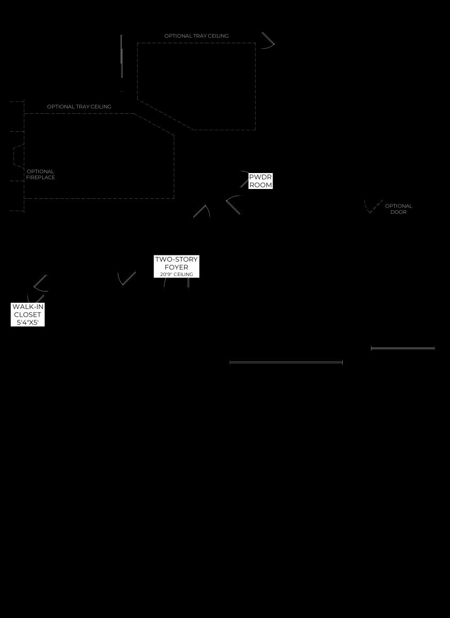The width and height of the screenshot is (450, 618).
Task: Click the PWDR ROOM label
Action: pos(260,181)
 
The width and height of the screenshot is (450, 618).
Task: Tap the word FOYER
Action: pos(176,267)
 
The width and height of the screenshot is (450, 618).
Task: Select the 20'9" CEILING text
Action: pos(176,274)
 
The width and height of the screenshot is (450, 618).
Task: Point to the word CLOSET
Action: pos(28,315)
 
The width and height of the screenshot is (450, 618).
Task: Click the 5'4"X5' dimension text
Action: pos(28,322)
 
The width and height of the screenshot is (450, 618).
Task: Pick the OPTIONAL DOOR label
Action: pos(398,209)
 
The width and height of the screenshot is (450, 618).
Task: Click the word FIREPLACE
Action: pos(41,177)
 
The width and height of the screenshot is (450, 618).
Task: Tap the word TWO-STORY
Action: pos(176,260)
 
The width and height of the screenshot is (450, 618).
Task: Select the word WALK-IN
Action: pos(28,306)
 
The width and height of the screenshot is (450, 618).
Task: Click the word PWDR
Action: pos(260,177)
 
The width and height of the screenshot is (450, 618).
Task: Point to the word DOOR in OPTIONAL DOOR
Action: pos(398,212)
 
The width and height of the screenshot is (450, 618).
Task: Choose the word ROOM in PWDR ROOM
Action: pos(261,185)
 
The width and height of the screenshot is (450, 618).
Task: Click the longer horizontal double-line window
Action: pos(286,362)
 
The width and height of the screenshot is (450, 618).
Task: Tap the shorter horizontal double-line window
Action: pos(403,348)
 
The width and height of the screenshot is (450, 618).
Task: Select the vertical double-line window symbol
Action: pos(122,56)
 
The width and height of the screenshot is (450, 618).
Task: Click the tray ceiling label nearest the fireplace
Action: pos(79,107)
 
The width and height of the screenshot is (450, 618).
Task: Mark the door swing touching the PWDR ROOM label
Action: pos(244,179)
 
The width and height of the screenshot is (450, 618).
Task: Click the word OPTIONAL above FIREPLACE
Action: pos(40,171)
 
